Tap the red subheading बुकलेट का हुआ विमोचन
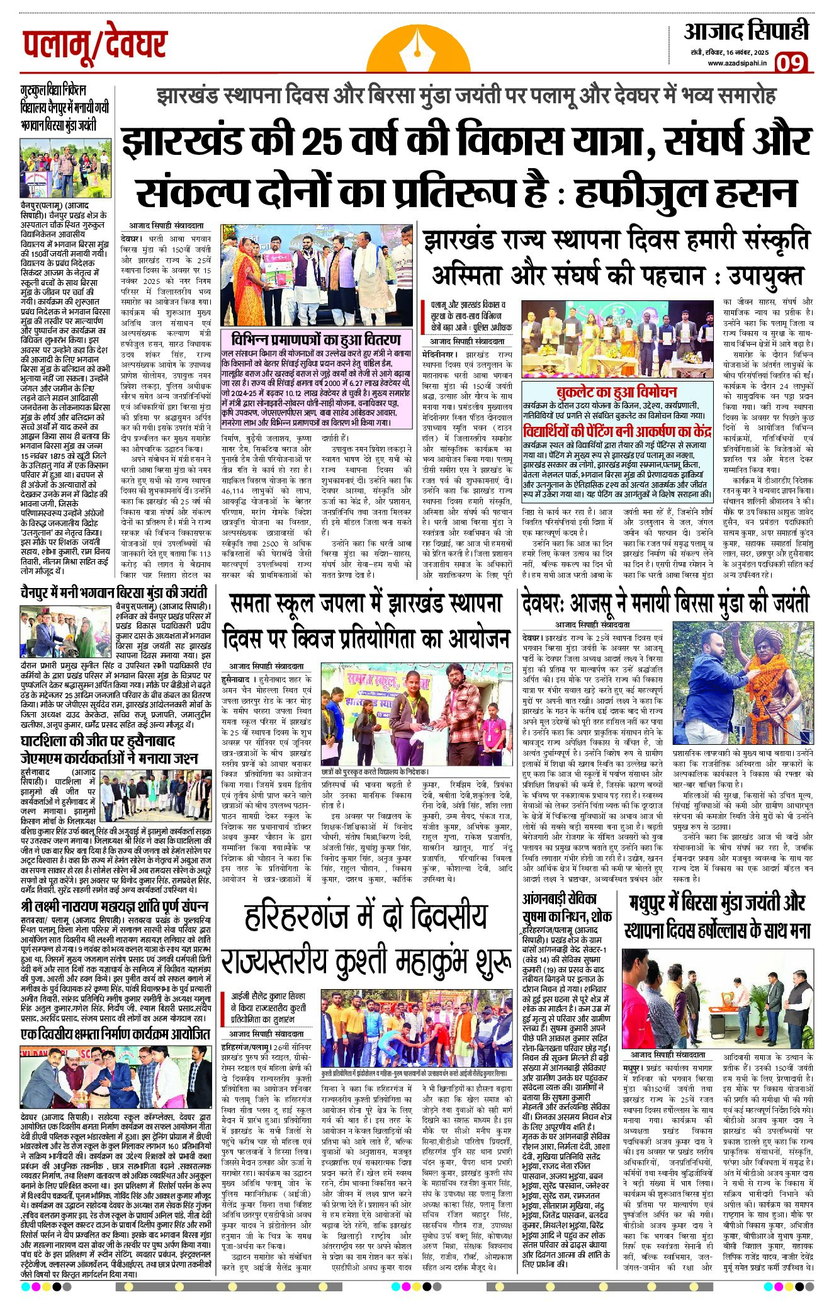pos(616,391)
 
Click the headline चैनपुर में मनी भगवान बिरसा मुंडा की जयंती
pos(114,592)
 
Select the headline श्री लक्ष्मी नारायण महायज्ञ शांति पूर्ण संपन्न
pos(114,906)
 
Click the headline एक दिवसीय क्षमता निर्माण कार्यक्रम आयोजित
pos(115,1034)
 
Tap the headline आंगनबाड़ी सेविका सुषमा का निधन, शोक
pos(566,907)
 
